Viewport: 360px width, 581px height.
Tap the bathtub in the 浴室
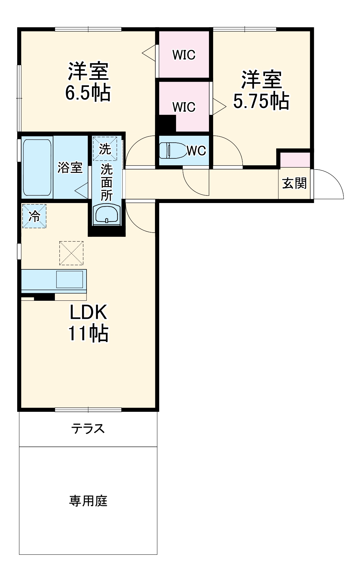pos(37,168)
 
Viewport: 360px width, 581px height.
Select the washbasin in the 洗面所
pos(107,214)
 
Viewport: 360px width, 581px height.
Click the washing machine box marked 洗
pos(105,149)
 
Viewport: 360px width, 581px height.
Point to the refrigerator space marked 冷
pos(34,216)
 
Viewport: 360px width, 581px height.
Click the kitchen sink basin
pos(69,279)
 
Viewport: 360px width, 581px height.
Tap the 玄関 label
pos(294,183)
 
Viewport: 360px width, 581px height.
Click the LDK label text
pos(88,312)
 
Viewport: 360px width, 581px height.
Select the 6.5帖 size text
pos(88,93)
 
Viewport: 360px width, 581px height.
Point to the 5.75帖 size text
pos(261,101)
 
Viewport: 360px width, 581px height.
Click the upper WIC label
pos(184,55)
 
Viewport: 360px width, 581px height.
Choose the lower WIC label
pos(184,107)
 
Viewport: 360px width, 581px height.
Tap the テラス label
pos(88,428)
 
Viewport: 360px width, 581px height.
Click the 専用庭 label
pos(88,501)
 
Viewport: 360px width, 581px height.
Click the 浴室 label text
pos(70,168)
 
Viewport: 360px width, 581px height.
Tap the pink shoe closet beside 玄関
pos(295,160)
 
